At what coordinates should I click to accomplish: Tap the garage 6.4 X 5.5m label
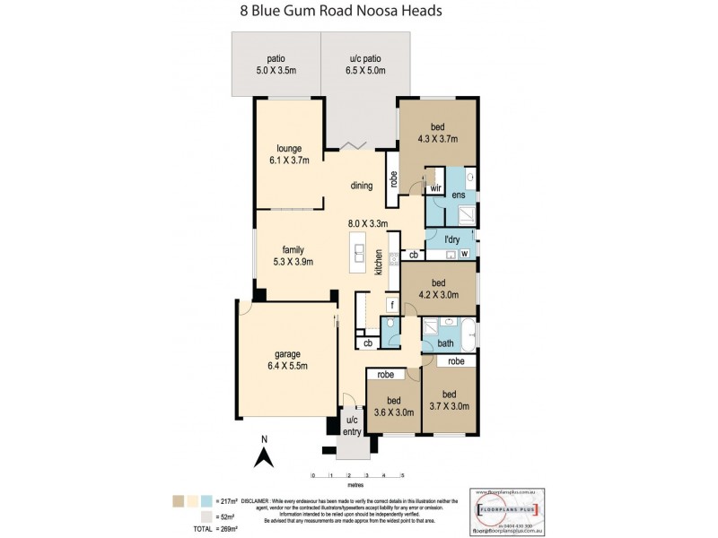(288, 359)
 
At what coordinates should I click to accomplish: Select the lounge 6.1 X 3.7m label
(288, 154)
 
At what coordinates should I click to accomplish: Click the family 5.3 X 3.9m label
(293, 256)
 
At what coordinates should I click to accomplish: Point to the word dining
(362, 187)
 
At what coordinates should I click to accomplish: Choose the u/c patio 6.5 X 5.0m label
(366, 65)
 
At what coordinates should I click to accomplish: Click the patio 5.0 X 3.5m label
(276, 65)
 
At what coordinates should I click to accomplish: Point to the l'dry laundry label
(453, 239)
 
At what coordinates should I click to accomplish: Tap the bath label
(445, 343)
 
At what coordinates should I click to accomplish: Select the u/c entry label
(352, 426)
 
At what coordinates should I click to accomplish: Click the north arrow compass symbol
(265, 455)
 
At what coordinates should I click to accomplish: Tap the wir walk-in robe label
(434, 189)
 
